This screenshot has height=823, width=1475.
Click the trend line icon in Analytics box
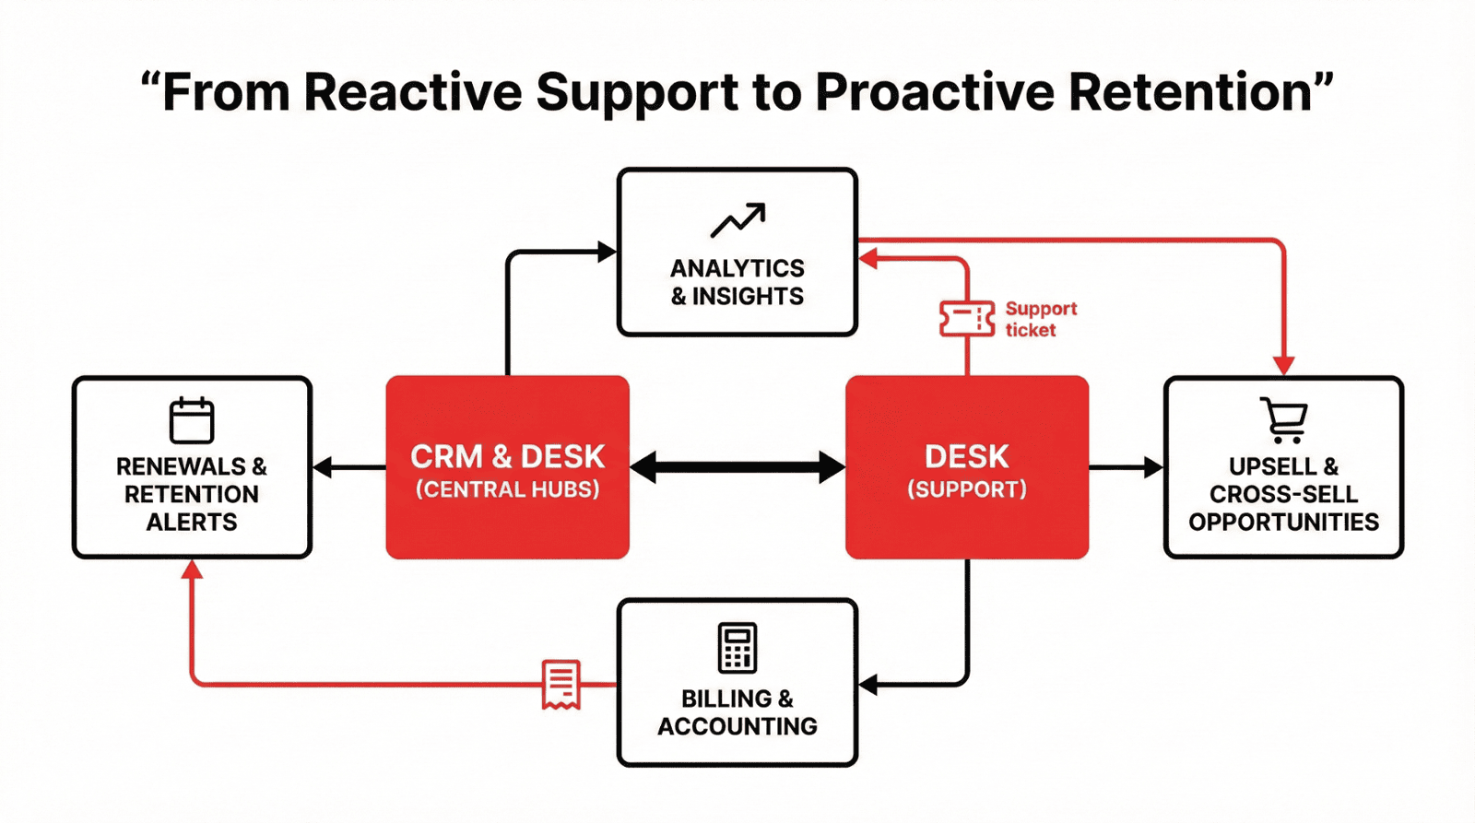pos(737,219)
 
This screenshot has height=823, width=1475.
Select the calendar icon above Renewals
pos(192,420)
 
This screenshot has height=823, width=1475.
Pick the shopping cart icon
pos(1284,420)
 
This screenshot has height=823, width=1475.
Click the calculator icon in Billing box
pos(737,647)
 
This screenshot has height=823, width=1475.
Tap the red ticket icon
pos(966,319)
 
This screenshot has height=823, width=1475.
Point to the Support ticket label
pos(1040,319)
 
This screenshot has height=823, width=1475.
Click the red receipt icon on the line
pos(560,684)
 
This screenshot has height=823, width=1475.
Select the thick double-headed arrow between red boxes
pos(737,467)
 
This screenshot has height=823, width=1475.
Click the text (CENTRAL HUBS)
pos(507,489)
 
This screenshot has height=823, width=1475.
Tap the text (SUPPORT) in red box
pos(966,489)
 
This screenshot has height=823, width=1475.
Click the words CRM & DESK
pos(507,456)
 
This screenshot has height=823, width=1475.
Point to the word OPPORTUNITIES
pos(1283,523)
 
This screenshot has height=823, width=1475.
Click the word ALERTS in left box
pos(192,523)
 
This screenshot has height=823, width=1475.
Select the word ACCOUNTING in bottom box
pos(737,726)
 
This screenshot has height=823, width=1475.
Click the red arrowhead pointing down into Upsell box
pos(1284,366)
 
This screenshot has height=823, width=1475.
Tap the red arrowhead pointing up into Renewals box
pos(192,570)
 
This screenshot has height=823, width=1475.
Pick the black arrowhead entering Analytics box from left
pos(607,252)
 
